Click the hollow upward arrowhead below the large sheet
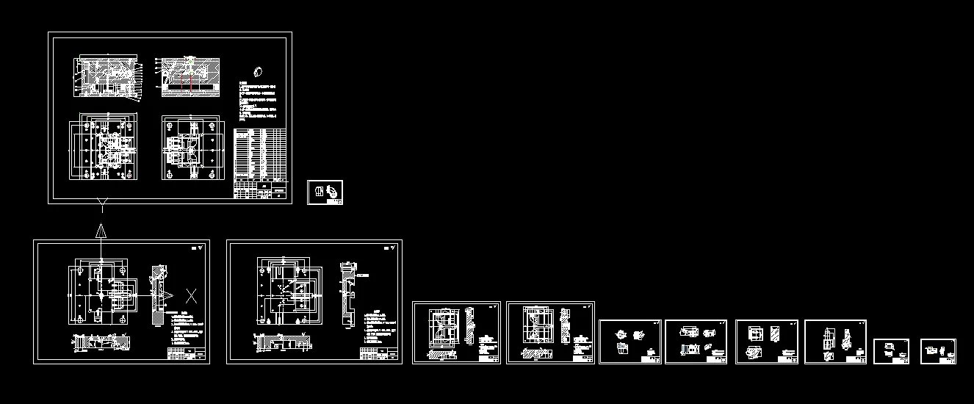pyautogui.click(x=101, y=231)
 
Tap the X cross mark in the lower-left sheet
pyautogui.click(x=191, y=296)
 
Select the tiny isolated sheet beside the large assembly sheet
pyautogui.click(x=325, y=192)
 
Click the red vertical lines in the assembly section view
pyautogui.click(x=192, y=83)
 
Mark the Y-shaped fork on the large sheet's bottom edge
pyautogui.click(x=101, y=202)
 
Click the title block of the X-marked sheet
pyautogui.click(x=187, y=355)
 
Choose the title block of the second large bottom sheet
pyautogui.click(x=379, y=355)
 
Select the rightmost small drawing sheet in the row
pyautogui.click(x=938, y=351)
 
